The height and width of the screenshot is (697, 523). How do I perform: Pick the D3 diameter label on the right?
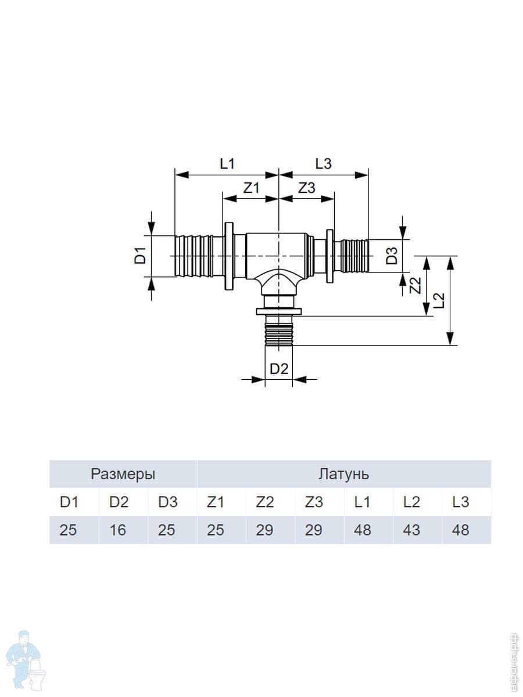[x=393, y=256]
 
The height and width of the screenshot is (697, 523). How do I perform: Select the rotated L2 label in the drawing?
[x=439, y=300]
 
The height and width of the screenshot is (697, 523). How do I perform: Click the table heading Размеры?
[x=123, y=474]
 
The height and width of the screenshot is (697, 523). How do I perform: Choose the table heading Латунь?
[x=343, y=474]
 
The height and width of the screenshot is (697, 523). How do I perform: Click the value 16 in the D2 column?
[x=117, y=530]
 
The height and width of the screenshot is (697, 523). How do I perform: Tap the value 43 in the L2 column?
[x=411, y=530]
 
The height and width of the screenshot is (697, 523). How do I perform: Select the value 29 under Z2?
[x=264, y=530]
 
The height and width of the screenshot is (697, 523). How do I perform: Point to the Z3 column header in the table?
[x=314, y=502]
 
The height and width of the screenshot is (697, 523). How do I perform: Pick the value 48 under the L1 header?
[x=362, y=530]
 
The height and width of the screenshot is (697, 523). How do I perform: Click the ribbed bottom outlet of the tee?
[x=280, y=332]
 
